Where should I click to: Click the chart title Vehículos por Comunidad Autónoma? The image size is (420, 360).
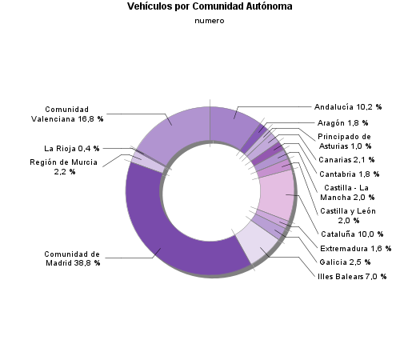pos(210,6)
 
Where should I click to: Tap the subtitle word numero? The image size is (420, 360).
pos(210,22)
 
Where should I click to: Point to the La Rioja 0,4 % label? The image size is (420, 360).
pos(73,148)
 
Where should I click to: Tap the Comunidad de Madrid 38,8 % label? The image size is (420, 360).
pos(72,258)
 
